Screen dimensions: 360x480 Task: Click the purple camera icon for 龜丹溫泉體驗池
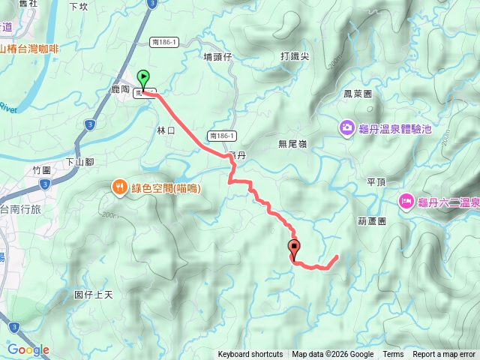348,128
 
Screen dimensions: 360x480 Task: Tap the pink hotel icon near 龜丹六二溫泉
406,200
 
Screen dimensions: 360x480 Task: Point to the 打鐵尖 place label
295,56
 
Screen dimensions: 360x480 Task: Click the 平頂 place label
376,181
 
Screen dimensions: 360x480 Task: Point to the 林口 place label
166,130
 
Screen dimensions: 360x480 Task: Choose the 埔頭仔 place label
219,56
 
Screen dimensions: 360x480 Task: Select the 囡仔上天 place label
94,295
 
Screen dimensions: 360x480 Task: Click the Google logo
28,349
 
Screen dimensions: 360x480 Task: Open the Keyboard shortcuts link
250,355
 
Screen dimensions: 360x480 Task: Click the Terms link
393,355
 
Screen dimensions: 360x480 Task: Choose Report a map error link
444,355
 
